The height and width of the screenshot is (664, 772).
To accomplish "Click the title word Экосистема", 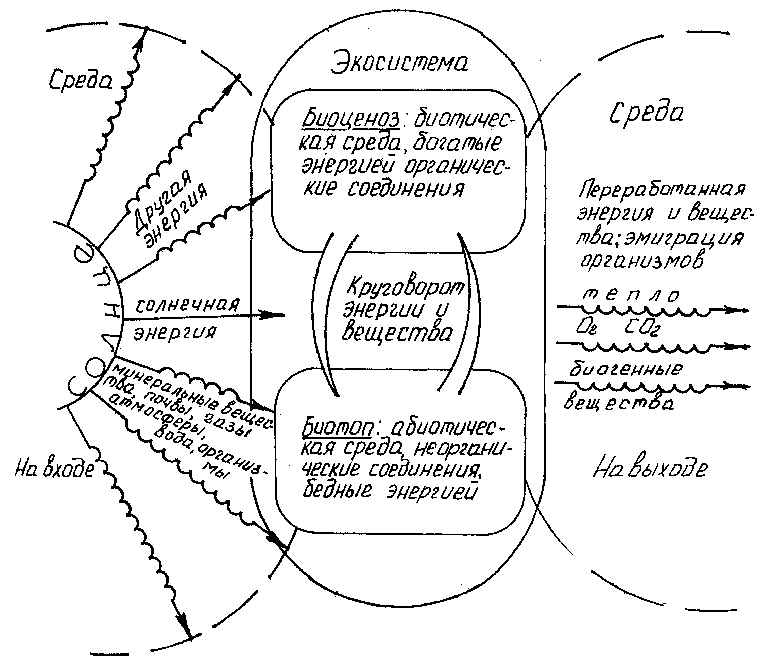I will [x=399, y=62].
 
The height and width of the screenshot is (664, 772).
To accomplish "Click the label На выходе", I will [x=650, y=469].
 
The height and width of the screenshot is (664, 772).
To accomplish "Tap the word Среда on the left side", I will [x=81, y=79].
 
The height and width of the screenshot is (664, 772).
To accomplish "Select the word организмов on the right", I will [x=641, y=260].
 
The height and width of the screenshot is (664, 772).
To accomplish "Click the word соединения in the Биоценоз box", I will [x=406, y=189].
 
